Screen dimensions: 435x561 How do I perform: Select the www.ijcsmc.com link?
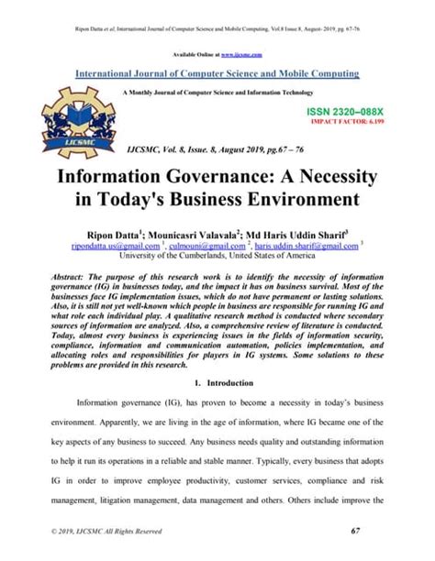point(242,56)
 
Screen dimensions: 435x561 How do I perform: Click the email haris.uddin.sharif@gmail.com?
point(307,246)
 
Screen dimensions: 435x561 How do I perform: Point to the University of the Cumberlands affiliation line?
point(217,257)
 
